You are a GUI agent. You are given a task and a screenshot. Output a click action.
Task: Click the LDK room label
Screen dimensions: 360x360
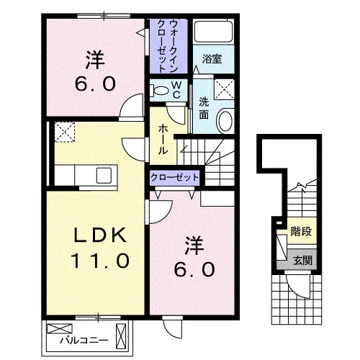click(100, 235)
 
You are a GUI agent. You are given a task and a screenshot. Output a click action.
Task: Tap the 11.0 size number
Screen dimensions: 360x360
click(100, 261)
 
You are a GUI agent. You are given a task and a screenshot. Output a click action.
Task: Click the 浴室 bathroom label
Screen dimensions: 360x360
click(212, 59)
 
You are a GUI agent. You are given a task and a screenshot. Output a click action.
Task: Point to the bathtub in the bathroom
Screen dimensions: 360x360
click(213, 32)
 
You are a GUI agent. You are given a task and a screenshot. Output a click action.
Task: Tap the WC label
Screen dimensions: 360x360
click(176, 90)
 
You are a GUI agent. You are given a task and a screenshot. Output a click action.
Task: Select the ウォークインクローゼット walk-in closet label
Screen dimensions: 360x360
click(167, 46)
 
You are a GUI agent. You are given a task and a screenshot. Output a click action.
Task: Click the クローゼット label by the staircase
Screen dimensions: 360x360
click(174, 178)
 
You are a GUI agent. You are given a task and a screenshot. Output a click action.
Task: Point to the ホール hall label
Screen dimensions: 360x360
click(163, 140)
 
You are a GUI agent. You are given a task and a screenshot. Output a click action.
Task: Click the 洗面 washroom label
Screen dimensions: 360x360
click(204, 109)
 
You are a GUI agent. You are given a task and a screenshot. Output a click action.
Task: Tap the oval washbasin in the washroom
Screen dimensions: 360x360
click(225, 121)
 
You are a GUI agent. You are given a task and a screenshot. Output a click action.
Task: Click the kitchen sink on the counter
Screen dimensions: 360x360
click(104, 175)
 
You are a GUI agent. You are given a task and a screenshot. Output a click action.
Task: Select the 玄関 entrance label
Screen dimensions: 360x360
click(303, 261)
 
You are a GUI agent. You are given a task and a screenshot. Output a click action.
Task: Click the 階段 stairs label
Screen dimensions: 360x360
click(301, 231)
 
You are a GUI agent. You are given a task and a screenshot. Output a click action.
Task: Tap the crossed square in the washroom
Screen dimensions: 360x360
click(224, 89)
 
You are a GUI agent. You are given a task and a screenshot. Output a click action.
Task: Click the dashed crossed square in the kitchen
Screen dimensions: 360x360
click(65, 132)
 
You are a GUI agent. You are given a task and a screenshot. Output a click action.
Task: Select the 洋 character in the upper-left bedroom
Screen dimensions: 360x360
click(95, 60)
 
